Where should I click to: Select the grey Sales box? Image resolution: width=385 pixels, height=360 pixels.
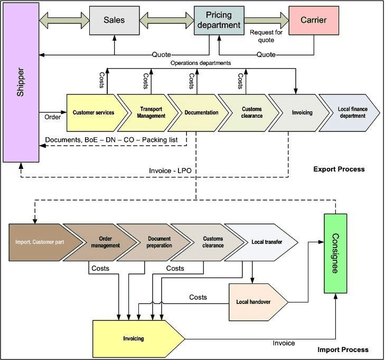pos(114,21)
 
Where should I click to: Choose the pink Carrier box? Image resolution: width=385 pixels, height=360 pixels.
pos(314,21)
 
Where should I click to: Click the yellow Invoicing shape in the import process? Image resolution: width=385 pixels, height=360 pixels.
pos(135,338)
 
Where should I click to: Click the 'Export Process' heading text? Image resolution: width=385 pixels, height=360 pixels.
pos(339,169)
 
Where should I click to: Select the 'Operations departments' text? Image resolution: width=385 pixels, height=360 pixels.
pos(201,63)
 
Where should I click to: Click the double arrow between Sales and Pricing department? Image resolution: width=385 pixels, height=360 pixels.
pos(164,21)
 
